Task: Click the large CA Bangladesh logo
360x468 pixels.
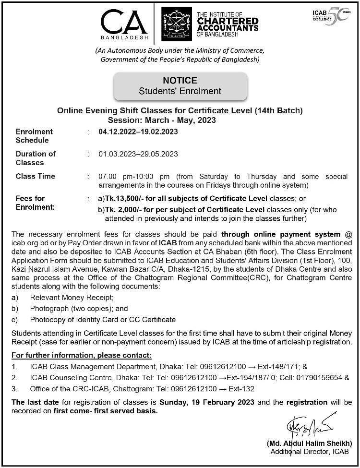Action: tap(124, 24)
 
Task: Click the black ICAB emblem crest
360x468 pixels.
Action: tap(176, 24)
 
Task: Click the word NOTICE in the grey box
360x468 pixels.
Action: tap(180, 81)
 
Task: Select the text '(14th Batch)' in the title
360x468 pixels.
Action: tap(282, 110)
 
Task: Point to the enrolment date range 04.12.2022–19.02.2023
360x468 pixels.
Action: tap(138, 132)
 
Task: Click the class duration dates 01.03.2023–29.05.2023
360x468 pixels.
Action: tap(138, 154)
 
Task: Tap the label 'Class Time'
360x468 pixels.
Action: tap(35, 176)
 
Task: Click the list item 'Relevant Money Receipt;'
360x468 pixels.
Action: tap(72, 298)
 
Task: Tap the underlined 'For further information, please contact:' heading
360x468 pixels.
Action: tap(82, 355)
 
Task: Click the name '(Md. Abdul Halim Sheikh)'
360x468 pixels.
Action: tap(310, 444)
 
